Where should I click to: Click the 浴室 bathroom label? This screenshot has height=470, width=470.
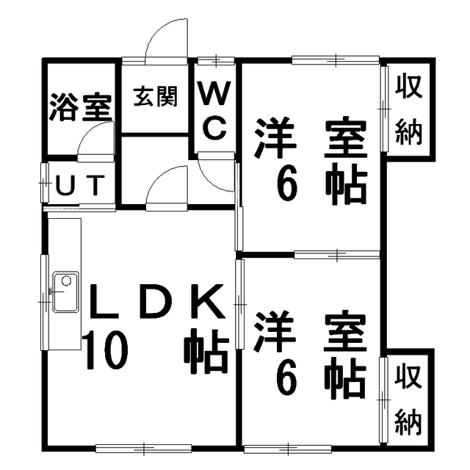[x=81, y=107]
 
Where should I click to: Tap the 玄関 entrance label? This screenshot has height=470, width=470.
[x=156, y=96]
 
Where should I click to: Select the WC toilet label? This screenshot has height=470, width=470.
[x=215, y=111]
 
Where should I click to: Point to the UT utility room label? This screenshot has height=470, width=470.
[x=81, y=184]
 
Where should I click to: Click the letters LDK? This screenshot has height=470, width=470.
[x=158, y=301]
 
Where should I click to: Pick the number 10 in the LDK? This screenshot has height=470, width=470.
[x=106, y=350]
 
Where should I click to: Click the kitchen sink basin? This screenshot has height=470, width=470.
[x=66, y=292]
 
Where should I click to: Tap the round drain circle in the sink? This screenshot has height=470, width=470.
[x=66, y=281]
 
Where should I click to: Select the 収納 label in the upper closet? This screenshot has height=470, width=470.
[x=408, y=110]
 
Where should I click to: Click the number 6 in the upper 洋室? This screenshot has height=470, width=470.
[x=287, y=187]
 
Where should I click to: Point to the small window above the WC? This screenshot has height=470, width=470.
[x=216, y=61]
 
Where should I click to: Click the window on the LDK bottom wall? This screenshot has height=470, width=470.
[x=144, y=448]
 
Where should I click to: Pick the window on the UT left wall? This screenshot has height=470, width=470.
[x=45, y=183]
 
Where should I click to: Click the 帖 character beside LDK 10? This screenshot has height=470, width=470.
[x=206, y=351]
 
